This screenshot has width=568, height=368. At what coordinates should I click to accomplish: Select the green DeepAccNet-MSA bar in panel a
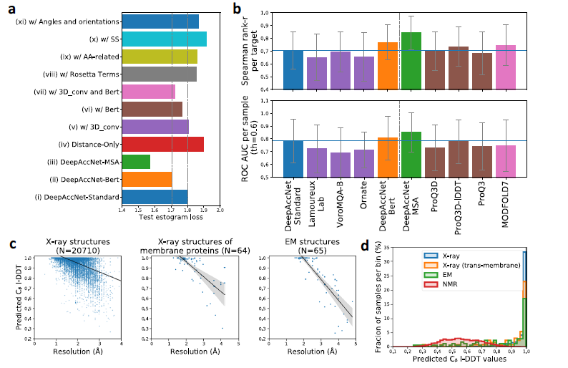coord(136,162)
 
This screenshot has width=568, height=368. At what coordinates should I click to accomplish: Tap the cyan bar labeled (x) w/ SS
coord(164,39)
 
